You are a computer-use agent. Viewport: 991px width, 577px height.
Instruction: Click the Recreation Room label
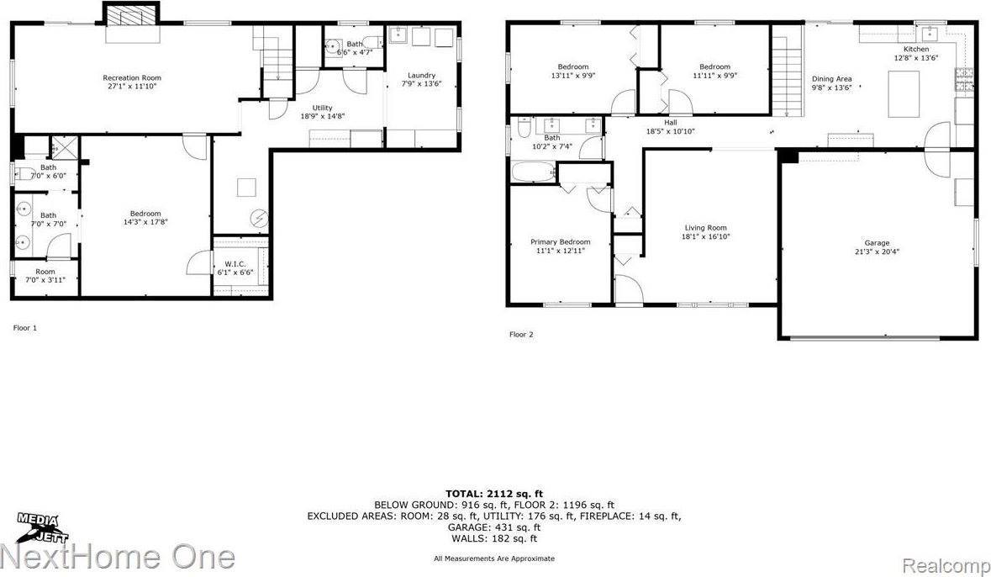tap(132, 77)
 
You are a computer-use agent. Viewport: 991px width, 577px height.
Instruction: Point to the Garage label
tap(877, 243)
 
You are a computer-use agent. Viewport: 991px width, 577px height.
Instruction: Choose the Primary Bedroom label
tap(560, 242)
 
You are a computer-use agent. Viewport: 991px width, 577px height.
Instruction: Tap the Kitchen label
tap(910, 50)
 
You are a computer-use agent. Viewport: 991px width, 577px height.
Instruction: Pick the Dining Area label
tap(831, 79)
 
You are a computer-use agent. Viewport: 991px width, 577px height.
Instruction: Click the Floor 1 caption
tap(25, 327)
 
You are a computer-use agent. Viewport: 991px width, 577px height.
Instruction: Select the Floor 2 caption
tap(521, 334)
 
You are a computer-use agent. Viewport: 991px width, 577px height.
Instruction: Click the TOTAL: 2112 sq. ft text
tap(493, 493)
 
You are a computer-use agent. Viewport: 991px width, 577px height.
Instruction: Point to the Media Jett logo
tap(40, 527)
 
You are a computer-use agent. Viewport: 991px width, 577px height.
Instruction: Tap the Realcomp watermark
tap(955, 558)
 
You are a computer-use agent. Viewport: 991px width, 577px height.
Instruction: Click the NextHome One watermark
tap(118, 558)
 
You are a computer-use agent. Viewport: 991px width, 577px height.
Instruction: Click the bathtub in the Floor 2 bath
tap(532, 172)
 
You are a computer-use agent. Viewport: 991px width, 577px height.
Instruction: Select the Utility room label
tap(323, 108)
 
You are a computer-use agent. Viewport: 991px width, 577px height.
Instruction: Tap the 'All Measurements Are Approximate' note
tap(493, 558)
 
